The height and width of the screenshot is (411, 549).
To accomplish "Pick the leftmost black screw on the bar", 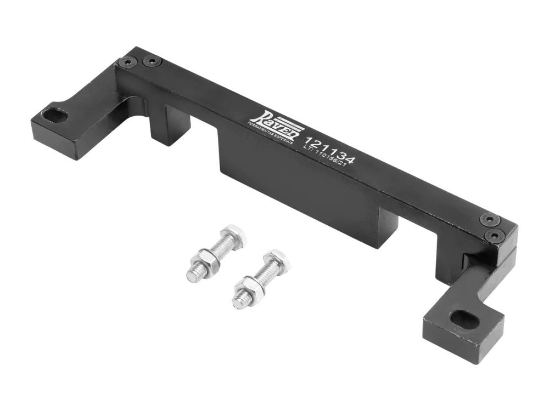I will tap(128, 62).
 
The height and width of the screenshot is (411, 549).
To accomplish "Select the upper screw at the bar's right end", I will tap(489, 220).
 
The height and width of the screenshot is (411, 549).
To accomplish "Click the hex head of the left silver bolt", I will tap(236, 234).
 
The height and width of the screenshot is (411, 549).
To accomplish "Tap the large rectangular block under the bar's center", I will tap(296, 186).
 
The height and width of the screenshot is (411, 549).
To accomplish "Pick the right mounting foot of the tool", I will tap(464, 323).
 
